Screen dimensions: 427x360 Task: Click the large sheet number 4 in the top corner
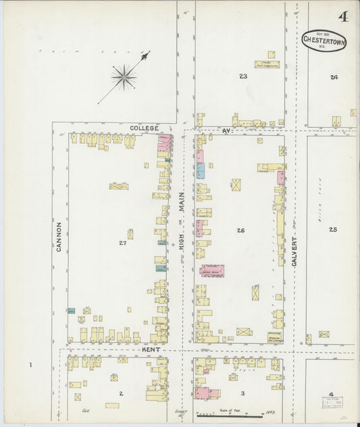point(344,16)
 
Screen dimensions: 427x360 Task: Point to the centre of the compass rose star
point(124,77)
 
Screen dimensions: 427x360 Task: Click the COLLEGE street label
point(145,128)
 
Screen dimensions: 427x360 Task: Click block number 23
point(242,76)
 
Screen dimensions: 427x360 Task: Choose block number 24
point(334,77)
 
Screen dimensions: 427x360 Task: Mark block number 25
point(332,230)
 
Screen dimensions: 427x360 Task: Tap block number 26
point(240,230)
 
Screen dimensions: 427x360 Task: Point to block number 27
point(122,242)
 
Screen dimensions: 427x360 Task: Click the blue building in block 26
point(201,170)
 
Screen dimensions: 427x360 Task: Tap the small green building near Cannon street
point(71,311)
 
